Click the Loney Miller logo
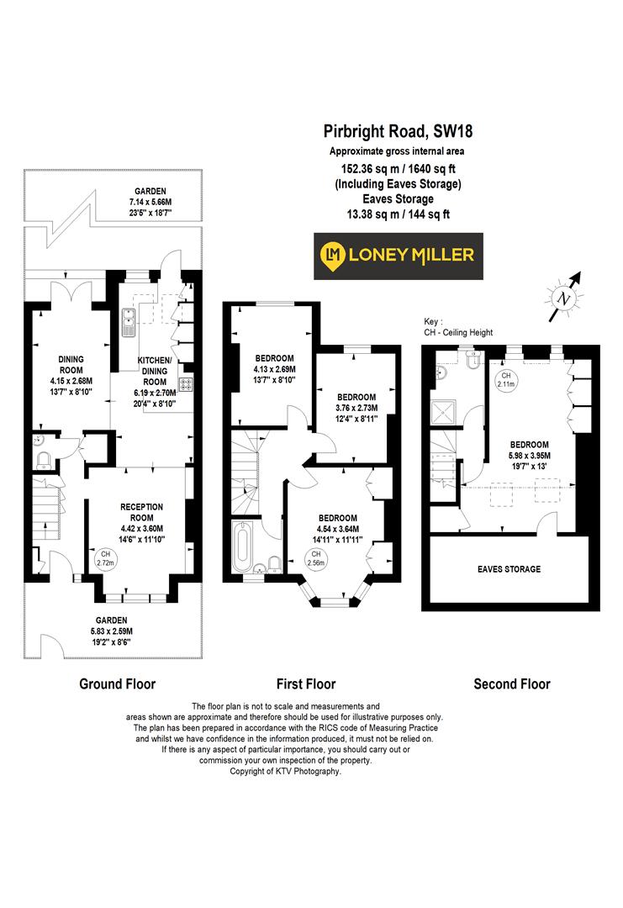click(x=394, y=253)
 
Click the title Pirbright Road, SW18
click(x=393, y=131)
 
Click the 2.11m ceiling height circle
click(x=506, y=380)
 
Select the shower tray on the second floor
click(x=442, y=413)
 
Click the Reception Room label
click(x=141, y=512)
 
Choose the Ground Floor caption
click(x=117, y=684)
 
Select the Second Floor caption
click(x=512, y=684)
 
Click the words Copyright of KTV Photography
click(x=286, y=771)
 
